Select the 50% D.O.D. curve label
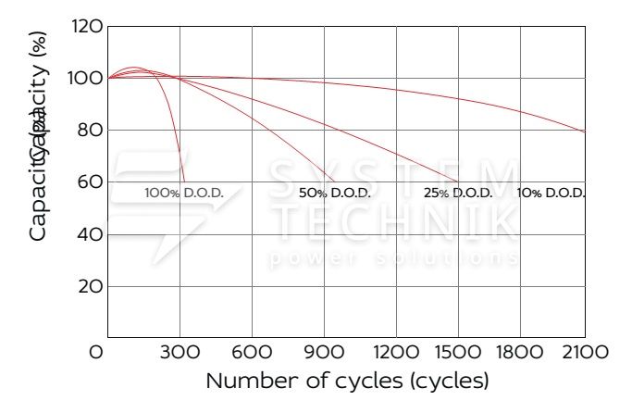click(x=334, y=193)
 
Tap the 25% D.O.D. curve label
click(x=458, y=193)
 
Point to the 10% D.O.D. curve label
click(x=551, y=193)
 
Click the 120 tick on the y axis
click(x=85, y=27)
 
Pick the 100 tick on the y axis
click(x=85, y=79)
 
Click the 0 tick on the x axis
click(x=96, y=352)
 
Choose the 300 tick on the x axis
click(x=180, y=352)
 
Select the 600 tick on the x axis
click(x=252, y=352)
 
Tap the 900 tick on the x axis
click(x=324, y=352)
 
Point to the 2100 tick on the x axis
click(x=585, y=352)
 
